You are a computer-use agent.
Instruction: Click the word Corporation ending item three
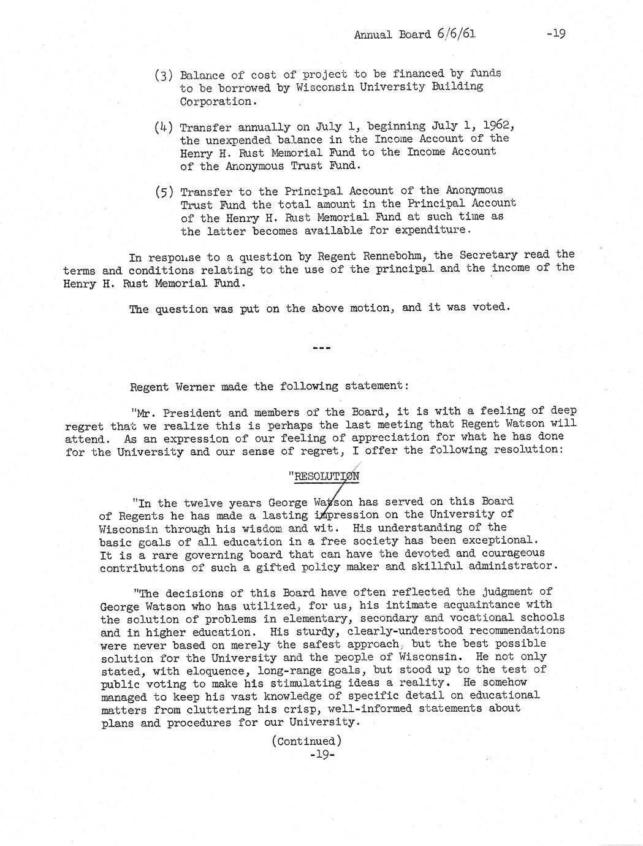tap(215, 102)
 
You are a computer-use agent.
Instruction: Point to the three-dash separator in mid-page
tap(321, 348)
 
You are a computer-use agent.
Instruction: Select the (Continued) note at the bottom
tap(306, 741)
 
